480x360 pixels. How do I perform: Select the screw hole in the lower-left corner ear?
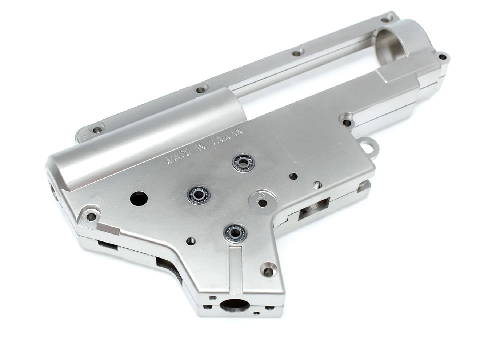pyautogui.click(x=91, y=217)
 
